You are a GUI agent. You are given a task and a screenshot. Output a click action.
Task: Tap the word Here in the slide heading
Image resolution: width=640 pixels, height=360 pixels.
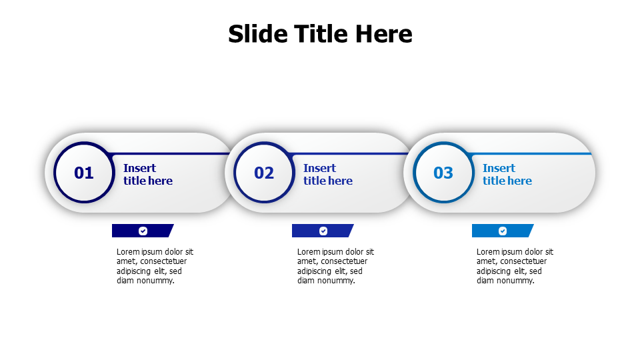[383, 34]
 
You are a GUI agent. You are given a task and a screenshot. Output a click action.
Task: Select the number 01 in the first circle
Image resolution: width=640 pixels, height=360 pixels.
[84, 173]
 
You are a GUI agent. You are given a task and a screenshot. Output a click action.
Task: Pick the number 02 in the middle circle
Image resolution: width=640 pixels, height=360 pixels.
[264, 173]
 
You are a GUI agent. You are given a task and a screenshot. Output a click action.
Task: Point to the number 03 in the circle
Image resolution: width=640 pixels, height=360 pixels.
[443, 173]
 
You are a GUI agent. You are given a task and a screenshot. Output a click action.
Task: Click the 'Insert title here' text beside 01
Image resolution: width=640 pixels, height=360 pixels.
[147, 175]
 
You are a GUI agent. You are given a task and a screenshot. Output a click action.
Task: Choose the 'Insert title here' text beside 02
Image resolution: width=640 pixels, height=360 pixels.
[327, 175]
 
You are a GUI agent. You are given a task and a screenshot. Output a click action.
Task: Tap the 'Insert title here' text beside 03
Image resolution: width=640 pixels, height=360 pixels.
[507, 175]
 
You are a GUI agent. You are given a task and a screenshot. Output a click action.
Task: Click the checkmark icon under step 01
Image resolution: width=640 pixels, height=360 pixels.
[143, 231]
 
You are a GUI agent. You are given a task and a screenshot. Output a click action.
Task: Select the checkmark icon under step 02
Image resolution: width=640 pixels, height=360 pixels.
[323, 231]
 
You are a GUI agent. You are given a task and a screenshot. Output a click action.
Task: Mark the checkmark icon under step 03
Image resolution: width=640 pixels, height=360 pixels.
[503, 231]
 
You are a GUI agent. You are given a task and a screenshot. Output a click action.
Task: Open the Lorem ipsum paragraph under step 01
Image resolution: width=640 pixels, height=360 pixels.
[155, 266]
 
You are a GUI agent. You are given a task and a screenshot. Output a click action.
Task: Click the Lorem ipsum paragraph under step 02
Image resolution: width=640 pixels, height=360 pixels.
[335, 266]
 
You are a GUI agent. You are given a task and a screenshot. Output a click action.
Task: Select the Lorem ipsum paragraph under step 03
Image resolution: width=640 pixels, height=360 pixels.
[514, 266]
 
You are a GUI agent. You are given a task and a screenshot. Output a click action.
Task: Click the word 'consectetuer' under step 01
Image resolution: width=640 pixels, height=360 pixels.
[163, 261]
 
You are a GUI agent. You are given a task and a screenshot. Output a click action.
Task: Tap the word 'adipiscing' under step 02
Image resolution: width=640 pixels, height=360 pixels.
[315, 271]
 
